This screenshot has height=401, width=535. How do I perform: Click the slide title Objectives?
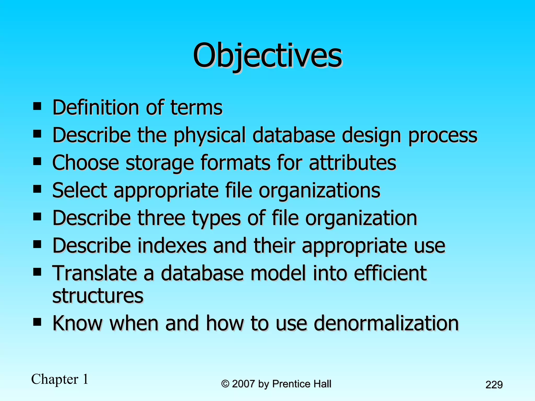[267, 55]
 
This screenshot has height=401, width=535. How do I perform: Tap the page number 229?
[494, 385]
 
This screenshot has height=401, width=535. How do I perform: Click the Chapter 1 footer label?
[60, 379]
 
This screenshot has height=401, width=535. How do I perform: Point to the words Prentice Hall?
[301, 384]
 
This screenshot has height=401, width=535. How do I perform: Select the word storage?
[160, 163]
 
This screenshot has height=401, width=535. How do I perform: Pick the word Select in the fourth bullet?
[80, 190]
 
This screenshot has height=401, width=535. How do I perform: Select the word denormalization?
[386, 323]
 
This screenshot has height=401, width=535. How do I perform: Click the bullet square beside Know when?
[37, 322]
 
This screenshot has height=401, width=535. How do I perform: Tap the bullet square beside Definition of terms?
[37, 106]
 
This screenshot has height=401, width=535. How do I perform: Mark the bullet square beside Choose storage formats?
[37, 162]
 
